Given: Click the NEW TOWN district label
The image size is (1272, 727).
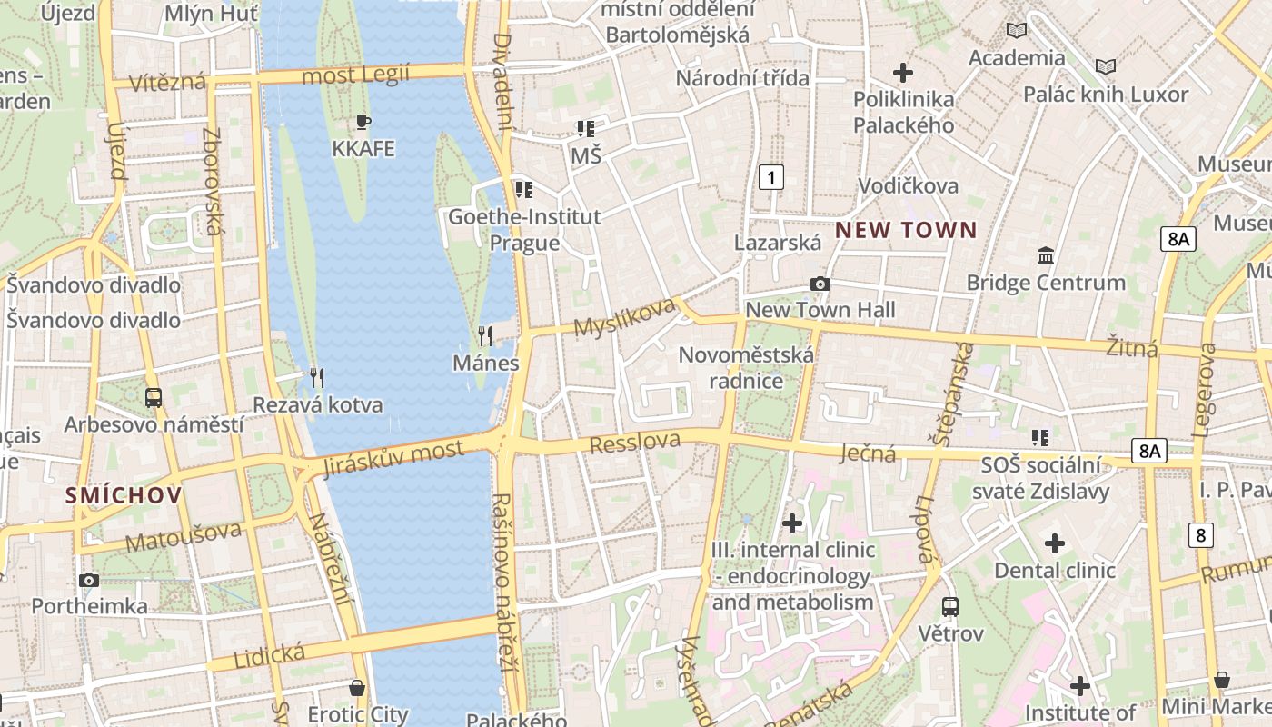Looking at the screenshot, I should click(906, 230).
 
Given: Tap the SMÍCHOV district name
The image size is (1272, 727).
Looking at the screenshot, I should click(124, 495).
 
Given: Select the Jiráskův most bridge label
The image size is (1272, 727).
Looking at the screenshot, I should click(393, 459).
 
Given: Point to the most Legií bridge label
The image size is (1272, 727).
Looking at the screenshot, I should click(355, 75).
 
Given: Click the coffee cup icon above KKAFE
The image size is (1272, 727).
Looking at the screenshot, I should click(363, 122).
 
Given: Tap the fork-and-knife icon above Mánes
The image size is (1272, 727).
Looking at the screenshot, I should click(485, 336).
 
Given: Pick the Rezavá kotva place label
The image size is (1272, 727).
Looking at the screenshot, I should click(318, 404).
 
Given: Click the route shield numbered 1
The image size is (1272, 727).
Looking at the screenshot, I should click(770, 176).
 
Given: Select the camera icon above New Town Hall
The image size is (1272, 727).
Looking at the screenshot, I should click(820, 284).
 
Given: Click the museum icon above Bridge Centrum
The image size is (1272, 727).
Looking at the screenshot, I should click(1045, 255).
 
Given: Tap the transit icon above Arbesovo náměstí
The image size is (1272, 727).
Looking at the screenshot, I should click(154, 397).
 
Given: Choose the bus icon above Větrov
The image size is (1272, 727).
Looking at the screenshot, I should click(950, 606).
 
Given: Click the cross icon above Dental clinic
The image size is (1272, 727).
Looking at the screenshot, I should click(1054, 543).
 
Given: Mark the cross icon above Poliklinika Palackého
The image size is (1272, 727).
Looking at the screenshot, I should click(903, 72).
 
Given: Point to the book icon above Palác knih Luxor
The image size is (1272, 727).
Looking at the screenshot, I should click(1106, 66).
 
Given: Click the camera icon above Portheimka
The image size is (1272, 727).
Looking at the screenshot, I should click(89, 580).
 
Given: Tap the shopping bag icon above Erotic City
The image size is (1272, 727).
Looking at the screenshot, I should click(357, 687).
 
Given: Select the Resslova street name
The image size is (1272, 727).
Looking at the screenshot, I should click(635, 443).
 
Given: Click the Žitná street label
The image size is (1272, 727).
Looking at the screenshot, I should click(1132, 346).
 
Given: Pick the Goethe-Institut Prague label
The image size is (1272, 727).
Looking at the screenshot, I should click(524, 230).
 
